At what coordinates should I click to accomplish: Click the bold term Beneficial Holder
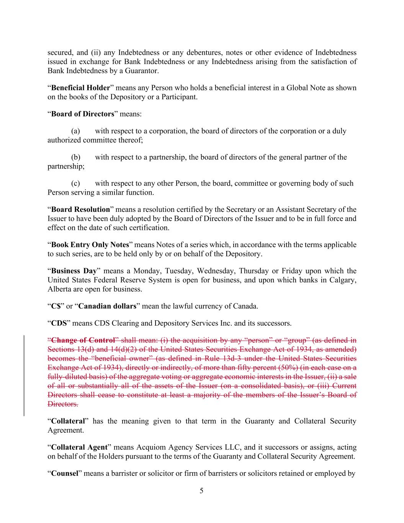[80, 88]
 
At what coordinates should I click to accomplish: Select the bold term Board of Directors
[83, 114]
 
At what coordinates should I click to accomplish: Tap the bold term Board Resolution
[80, 209]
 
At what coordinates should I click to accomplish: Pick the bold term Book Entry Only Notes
[90, 244]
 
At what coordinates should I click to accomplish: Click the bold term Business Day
[74, 271]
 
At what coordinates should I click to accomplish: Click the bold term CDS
[59, 323]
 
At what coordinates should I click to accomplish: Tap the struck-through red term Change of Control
[83, 340]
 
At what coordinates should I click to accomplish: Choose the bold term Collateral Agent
[79, 447]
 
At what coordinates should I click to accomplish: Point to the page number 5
[201, 491]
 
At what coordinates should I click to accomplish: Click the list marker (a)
[75, 131]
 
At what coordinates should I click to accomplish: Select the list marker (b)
[75, 157]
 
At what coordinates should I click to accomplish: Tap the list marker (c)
[75, 183]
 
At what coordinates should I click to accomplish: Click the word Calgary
[342, 280]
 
